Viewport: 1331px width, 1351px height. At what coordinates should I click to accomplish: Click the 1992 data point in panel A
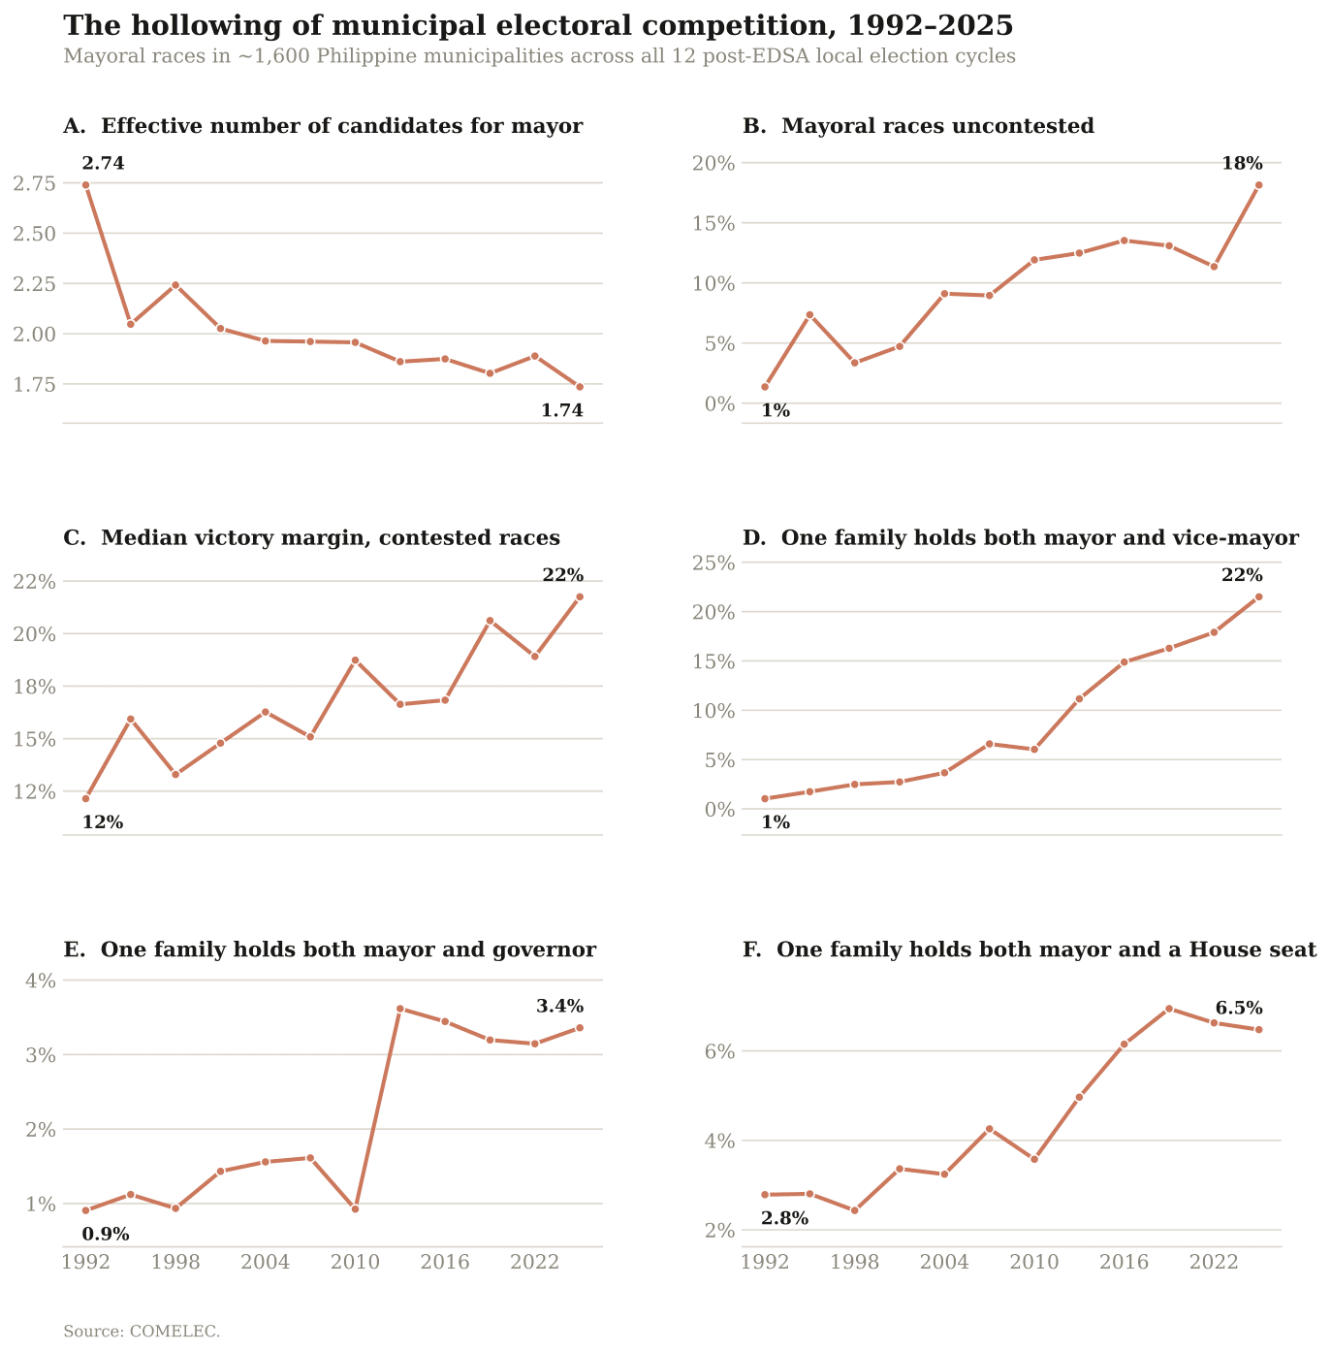pyautogui.click(x=85, y=185)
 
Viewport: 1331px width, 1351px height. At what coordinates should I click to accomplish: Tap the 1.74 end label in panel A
pyautogui.click(x=562, y=410)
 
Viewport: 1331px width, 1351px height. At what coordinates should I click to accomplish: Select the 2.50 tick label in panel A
pyautogui.click(x=34, y=234)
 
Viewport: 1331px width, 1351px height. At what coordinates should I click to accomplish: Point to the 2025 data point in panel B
pyautogui.click(x=1259, y=185)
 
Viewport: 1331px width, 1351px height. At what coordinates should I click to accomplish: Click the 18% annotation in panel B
pyautogui.click(x=1242, y=163)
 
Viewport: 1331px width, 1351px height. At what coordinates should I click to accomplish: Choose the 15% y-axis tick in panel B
pyautogui.click(x=713, y=224)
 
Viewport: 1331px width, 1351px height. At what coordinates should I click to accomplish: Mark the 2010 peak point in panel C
pyautogui.click(x=356, y=660)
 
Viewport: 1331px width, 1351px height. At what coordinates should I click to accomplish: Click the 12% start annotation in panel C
pyautogui.click(x=103, y=822)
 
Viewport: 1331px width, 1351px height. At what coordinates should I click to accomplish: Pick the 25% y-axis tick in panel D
pyautogui.click(x=713, y=563)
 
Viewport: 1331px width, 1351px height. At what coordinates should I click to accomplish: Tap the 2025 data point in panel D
pyautogui.click(x=1259, y=596)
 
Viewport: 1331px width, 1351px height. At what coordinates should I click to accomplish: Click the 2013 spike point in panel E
pyautogui.click(x=400, y=1009)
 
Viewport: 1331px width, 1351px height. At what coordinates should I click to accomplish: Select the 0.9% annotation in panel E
pyautogui.click(x=106, y=1234)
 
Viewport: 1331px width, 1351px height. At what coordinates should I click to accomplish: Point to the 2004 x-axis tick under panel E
pyautogui.click(x=265, y=1263)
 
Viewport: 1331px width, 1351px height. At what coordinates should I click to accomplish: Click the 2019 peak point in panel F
pyautogui.click(x=1169, y=1009)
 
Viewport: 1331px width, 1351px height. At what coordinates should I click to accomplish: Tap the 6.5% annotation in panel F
pyautogui.click(x=1239, y=1009)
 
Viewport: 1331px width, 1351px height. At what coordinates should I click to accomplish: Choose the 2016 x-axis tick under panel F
pyautogui.click(x=1125, y=1263)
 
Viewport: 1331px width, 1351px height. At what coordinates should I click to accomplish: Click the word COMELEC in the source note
pyautogui.click(x=174, y=1332)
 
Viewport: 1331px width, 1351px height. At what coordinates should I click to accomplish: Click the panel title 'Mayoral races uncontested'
pyautogui.click(x=937, y=126)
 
